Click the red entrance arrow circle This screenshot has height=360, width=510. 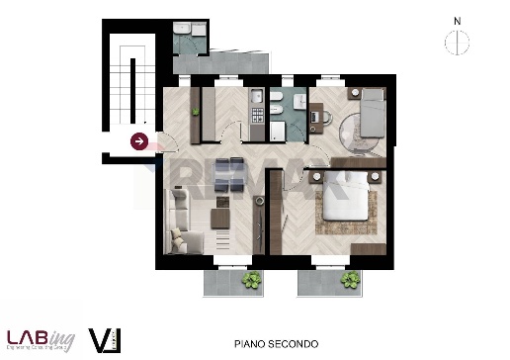[x=139, y=141]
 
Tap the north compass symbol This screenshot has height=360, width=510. [x=457, y=43]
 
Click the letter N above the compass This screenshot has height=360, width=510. [x=457, y=20]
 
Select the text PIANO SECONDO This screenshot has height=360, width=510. [x=276, y=343]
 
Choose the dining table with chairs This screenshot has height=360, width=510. [x=229, y=172]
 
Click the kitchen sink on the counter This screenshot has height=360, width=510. [x=255, y=99]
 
